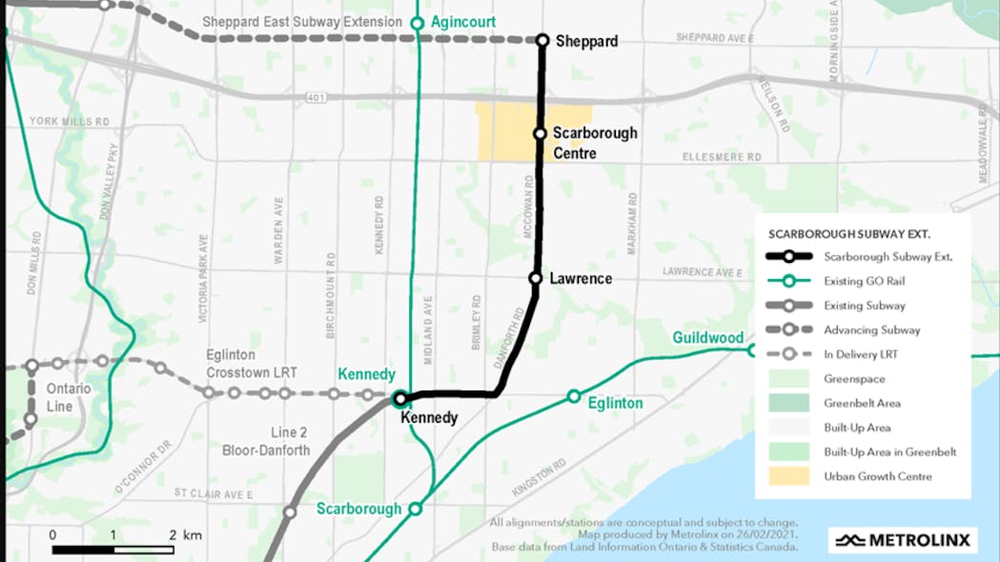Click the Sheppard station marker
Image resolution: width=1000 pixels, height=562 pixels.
542,40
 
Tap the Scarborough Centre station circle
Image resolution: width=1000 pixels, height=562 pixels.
540,134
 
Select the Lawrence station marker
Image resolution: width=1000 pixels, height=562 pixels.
536,278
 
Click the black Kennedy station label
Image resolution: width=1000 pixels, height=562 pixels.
429,417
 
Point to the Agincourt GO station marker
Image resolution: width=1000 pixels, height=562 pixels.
417,23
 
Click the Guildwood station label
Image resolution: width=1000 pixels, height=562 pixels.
707,337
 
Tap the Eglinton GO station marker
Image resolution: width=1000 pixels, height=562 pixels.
574,396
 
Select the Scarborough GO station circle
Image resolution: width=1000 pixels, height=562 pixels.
416,509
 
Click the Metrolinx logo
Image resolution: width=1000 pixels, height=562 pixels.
902,540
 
